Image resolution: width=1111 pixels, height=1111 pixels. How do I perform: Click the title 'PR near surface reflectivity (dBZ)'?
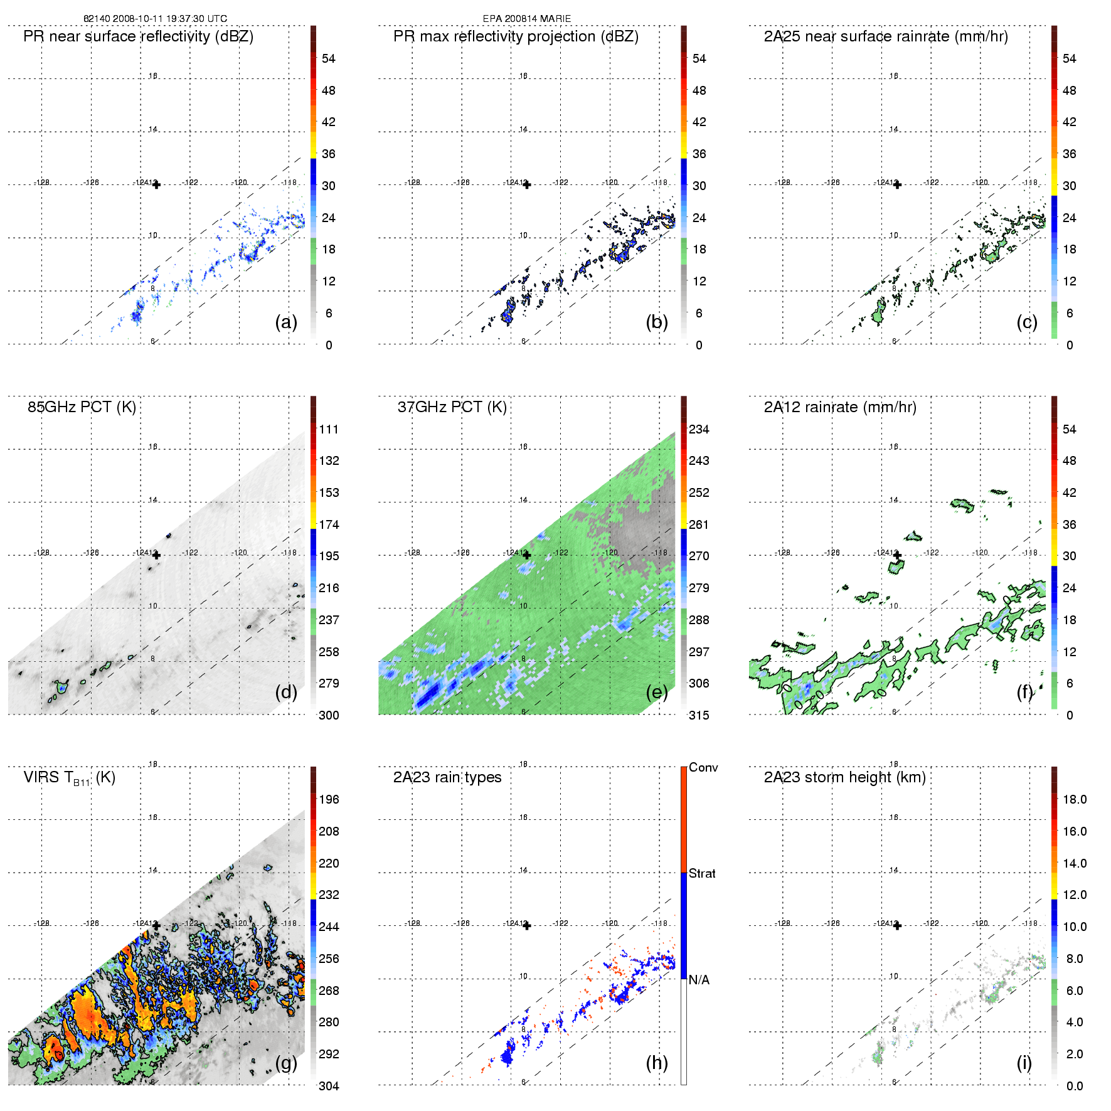point(138,36)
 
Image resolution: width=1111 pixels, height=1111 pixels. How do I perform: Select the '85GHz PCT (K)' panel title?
point(82,407)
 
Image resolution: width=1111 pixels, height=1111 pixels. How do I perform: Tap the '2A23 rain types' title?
point(447,777)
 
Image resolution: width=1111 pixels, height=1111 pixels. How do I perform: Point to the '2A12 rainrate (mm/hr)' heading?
point(839,407)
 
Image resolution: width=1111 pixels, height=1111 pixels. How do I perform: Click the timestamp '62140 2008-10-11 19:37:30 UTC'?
point(155,19)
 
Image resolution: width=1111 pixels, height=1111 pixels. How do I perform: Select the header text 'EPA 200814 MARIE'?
point(526,19)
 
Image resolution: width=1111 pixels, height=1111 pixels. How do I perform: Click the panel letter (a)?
point(285,322)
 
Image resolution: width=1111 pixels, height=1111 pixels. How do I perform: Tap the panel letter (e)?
point(656,693)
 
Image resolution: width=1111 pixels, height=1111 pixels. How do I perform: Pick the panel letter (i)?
point(1024,1063)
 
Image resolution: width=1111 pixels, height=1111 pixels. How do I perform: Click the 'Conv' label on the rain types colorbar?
point(703,767)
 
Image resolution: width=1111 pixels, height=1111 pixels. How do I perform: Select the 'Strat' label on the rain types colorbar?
point(701,873)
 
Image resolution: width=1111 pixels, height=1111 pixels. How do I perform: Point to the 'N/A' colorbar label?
point(699,980)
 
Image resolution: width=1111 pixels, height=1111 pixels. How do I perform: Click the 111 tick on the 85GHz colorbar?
point(329,429)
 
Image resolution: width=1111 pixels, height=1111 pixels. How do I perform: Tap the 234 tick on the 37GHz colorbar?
point(699,429)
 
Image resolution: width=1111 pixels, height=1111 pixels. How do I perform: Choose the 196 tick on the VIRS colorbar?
point(329,799)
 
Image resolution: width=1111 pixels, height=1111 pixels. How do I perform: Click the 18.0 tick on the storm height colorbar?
point(1074,799)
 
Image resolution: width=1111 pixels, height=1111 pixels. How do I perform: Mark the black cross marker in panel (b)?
point(527,184)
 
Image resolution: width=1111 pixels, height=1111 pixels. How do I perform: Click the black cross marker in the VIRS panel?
point(156,925)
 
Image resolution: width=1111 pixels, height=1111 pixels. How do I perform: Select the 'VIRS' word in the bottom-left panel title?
point(41,777)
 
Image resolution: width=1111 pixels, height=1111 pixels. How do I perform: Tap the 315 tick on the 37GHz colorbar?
point(699,715)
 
